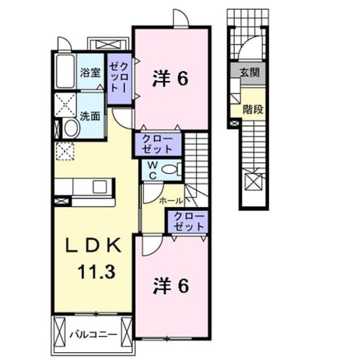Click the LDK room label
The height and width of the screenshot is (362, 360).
[x=94, y=245]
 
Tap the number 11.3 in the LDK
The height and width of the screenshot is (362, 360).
[x=96, y=272]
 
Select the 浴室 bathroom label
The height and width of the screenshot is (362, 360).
[x=90, y=73]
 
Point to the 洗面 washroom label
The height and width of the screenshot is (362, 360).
[x=90, y=116]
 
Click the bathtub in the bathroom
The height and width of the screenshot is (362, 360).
[x=65, y=71]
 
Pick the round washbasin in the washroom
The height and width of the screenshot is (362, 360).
[x=72, y=128]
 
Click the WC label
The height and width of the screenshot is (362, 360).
[x=153, y=171]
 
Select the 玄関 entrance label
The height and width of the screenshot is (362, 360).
[x=250, y=72]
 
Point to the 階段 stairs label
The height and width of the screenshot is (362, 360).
[x=253, y=109]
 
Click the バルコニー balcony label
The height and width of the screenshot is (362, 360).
[x=94, y=334]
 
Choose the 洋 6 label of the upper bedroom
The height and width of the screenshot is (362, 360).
[x=170, y=79]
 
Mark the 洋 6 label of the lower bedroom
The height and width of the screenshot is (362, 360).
[x=171, y=286]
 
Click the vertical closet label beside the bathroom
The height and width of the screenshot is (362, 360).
[x=118, y=78]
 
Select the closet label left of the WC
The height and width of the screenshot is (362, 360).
[x=157, y=144]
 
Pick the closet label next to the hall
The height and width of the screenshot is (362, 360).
[x=189, y=221]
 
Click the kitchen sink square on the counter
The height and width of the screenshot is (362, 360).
[x=100, y=187]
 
